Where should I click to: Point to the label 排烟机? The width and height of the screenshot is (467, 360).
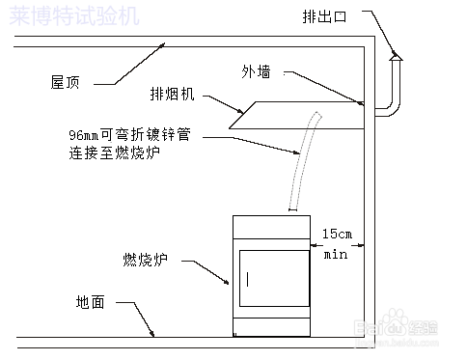coord(174,96)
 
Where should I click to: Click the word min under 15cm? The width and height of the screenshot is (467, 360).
coord(335,255)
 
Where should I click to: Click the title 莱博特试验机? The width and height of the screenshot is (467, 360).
coord(73,16)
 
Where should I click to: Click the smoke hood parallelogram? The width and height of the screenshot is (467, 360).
coord(299,117)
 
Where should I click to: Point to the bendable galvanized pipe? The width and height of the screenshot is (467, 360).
coord(302,159)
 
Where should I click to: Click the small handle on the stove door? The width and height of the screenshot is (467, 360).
coord(248,280)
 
